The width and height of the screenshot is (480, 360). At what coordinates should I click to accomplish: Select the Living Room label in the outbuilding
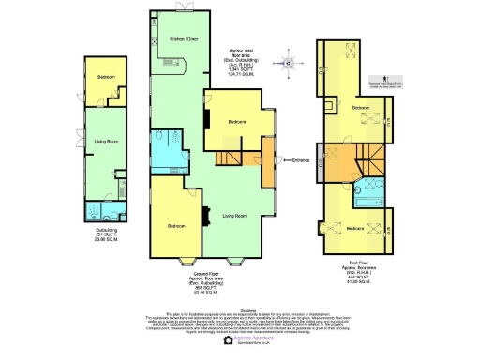[106, 142]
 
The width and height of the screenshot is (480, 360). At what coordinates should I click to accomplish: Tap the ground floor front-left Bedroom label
[175, 226]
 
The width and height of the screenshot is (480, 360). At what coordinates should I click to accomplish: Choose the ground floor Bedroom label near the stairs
[237, 121]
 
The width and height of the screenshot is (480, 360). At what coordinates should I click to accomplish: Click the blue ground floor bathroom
[170, 150]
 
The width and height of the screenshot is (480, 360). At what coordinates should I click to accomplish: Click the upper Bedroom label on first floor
[360, 109]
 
